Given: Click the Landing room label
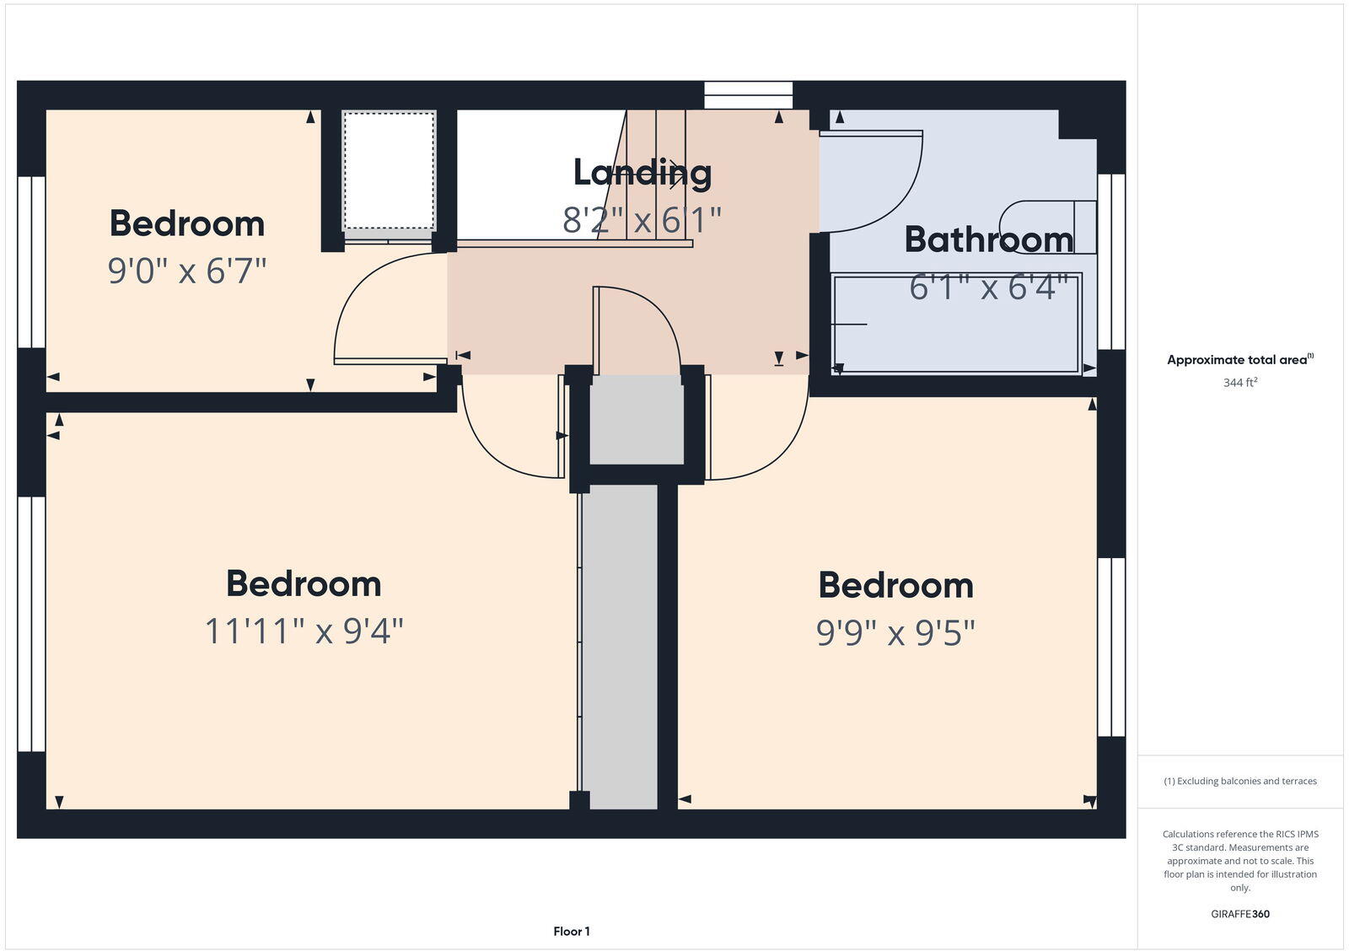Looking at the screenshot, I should [642, 173].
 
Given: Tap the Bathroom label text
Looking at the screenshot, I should [988, 239].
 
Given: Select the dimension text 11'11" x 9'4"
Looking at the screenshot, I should [304, 631].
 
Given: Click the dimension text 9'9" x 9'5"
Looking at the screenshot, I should [895, 632].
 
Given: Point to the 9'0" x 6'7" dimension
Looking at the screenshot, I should [187, 271].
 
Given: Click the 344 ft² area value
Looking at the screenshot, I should [1240, 383].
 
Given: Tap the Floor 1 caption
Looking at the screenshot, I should [572, 932].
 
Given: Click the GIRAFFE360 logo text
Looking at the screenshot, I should [1240, 914].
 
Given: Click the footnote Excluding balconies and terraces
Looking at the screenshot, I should [1240, 782].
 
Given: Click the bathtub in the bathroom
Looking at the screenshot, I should [956, 324].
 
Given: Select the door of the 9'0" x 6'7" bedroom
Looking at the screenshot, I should [371, 312].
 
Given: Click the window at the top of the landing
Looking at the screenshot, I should [749, 94].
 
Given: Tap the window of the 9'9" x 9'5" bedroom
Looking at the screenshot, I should [1111, 647].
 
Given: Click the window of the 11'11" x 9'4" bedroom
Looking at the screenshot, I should [31, 624].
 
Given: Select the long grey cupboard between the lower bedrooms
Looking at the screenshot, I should [621, 645].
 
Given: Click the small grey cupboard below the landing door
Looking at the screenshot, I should [636, 420].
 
